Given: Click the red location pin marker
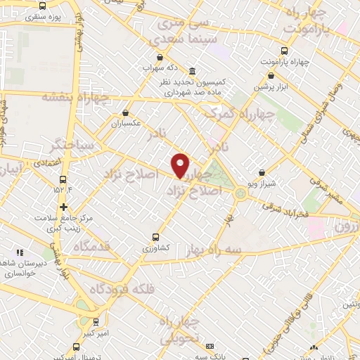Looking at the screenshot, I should pyautogui.click(x=181, y=165).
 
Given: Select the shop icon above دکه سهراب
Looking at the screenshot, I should pyautogui.click(x=160, y=58).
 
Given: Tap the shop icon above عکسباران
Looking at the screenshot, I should pyautogui.click(x=126, y=112).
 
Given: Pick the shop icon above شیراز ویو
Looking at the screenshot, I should pyautogui.click(x=262, y=172).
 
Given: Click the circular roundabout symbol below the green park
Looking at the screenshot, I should pyautogui.click(x=241, y=193).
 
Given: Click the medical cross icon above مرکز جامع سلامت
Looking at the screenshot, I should pyautogui.click(x=63, y=207).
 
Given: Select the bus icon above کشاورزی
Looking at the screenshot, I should pyautogui.click(x=155, y=237).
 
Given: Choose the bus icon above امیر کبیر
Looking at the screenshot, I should pyautogui.click(x=96, y=322).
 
